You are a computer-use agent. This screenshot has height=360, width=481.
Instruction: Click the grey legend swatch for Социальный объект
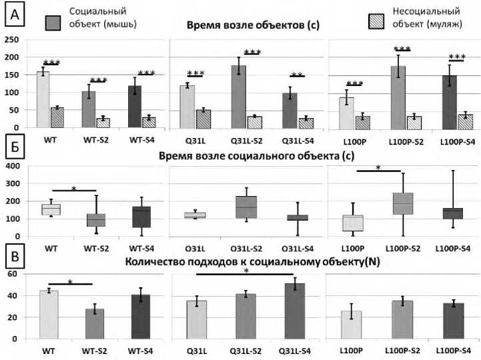coord(54,22)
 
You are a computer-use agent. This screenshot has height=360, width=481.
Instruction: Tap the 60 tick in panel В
coord(11,275)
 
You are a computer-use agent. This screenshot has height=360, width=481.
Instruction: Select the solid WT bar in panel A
coord(43,99)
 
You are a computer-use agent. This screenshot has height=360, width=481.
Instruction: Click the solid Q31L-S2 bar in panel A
coord(239,96)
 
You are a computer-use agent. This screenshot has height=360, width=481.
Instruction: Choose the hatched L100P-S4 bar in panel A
coord(465,121)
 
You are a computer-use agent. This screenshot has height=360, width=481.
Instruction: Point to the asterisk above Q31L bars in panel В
coord(246,271)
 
